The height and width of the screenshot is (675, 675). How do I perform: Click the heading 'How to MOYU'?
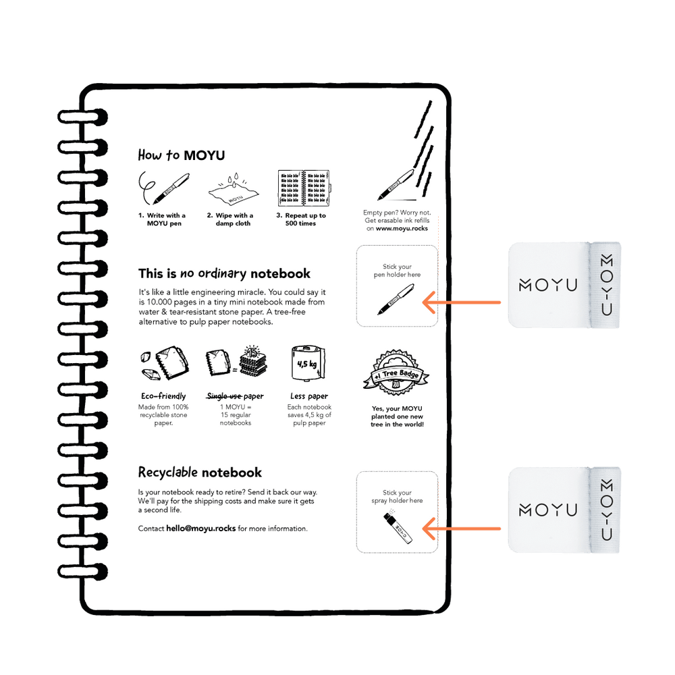[181, 155]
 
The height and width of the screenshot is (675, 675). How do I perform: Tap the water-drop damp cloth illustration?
[234, 190]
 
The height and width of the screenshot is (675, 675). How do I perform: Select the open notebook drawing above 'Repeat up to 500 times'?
[304, 188]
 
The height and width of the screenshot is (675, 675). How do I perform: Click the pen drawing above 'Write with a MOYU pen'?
[164, 188]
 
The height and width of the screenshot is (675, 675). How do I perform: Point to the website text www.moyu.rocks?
[402, 229]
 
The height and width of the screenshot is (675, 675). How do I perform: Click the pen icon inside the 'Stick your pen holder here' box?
[396, 299]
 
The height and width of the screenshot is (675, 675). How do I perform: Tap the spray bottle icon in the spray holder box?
[398, 526]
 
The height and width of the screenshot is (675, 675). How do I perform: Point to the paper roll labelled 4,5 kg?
[308, 363]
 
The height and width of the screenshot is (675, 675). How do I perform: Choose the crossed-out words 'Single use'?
[224, 396]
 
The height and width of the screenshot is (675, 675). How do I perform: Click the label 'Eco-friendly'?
[163, 396]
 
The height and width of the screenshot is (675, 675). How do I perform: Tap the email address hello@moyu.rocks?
[201, 529]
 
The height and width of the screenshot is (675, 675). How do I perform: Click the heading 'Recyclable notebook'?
[200, 473]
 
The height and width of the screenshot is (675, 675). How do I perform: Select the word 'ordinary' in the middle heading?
[222, 274]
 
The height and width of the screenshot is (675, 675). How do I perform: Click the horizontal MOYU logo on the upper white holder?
[548, 285]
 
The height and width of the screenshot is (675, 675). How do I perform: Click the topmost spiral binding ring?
[82, 117]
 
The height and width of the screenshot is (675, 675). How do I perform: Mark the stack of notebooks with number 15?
[253, 360]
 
